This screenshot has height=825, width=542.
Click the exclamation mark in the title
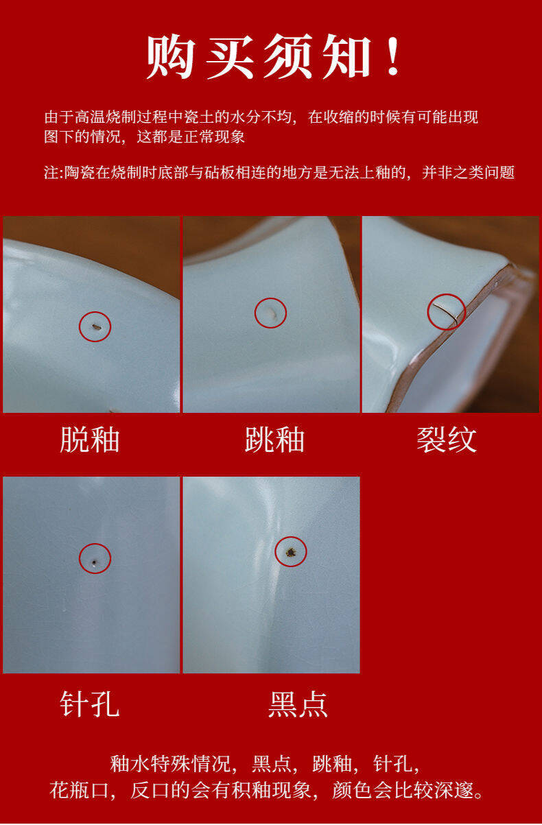pos(393,57)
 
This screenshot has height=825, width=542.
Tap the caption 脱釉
pos(90,440)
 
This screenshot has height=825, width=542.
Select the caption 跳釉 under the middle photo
pos(274,440)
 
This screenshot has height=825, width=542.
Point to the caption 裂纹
pos(447,440)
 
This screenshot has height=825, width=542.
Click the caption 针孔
pos(90,704)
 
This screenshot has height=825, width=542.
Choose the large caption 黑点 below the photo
pos(298,704)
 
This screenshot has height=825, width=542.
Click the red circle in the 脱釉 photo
pos(95,311)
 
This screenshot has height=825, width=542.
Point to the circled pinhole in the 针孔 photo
pos(95,562)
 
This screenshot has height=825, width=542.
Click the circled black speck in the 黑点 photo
pos(291,552)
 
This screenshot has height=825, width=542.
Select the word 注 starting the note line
pos(51,172)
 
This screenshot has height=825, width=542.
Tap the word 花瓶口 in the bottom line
pos(79,791)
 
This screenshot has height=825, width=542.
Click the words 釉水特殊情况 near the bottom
pos(170,764)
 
